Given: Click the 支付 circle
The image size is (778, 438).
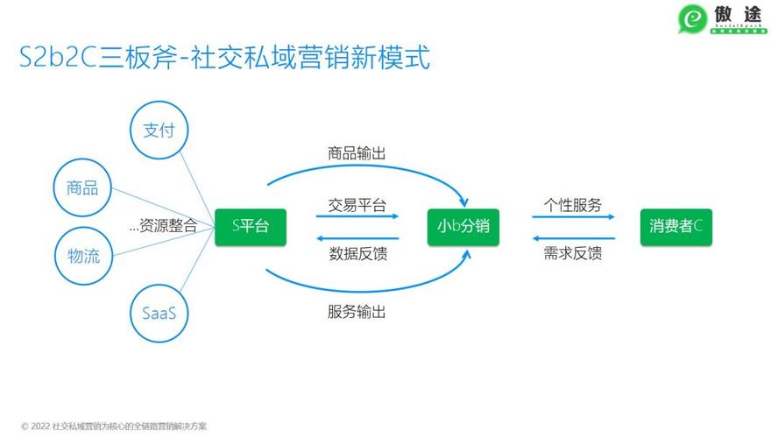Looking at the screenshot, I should click(x=159, y=131).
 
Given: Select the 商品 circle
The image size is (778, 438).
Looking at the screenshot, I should click(x=82, y=187).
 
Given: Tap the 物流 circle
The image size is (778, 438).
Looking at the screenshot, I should click(x=82, y=256).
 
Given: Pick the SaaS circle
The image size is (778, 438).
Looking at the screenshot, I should click(x=159, y=312).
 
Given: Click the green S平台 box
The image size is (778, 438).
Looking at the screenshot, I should click(x=250, y=226).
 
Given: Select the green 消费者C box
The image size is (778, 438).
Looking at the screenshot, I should click(x=675, y=226).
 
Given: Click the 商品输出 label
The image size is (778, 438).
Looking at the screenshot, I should click(x=357, y=152).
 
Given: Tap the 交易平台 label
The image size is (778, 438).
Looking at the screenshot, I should click(x=357, y=207).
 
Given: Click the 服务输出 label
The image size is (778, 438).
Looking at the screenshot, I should click(x=357, y=311).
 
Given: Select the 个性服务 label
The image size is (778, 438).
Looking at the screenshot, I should click(x=572, y=206).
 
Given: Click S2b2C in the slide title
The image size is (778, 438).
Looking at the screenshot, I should click(x=58, y=60).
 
